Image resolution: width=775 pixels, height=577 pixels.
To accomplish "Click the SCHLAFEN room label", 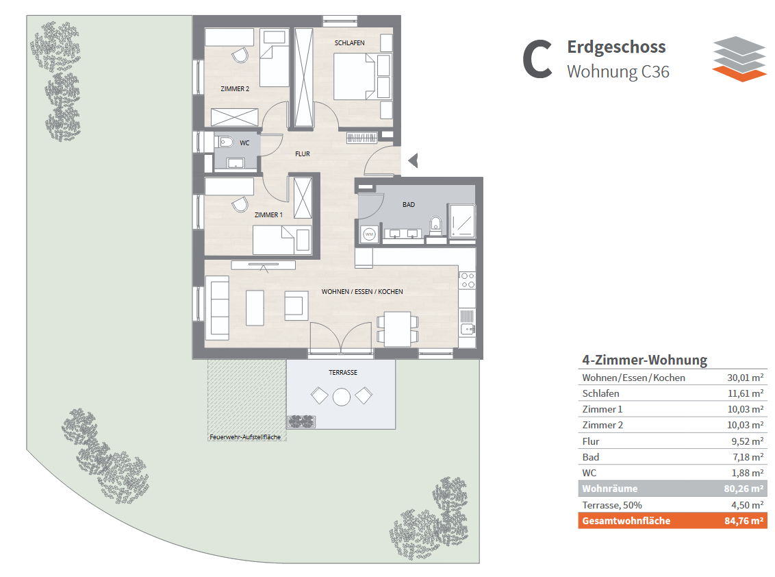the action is coord(349,43).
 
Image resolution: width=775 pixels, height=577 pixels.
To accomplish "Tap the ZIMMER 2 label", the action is coord(235,89).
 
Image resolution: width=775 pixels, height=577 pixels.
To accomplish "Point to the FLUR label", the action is coord(303,154).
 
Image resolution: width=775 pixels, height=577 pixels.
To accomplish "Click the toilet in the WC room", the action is coord(225,143).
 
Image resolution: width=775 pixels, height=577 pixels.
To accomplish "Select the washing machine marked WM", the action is coord(369,234).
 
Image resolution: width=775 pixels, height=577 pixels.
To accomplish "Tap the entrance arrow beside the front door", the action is coord(414,160).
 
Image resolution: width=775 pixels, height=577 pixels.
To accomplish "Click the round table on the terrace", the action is coord(342,397).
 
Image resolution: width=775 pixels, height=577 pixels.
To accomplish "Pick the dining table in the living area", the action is coord(398,329).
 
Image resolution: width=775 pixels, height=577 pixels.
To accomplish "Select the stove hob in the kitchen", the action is coord(467,280).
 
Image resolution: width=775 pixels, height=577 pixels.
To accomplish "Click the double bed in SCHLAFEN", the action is coord(355,77).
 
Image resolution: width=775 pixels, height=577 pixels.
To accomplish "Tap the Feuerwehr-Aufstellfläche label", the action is coord(245,437).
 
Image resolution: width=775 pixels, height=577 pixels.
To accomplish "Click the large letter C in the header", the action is coord(537,60).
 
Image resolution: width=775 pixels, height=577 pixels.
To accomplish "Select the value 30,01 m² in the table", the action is coord(746,378).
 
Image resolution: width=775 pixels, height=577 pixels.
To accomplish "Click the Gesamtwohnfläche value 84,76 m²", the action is coord(744,521).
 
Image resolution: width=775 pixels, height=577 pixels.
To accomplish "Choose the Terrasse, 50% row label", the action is coord(612,505).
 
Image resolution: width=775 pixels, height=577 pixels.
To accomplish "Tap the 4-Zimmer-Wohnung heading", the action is coord(644,360).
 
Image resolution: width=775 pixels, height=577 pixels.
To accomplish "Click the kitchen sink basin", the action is coord(468,328).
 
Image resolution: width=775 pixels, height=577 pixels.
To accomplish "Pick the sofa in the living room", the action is coord(217,308).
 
